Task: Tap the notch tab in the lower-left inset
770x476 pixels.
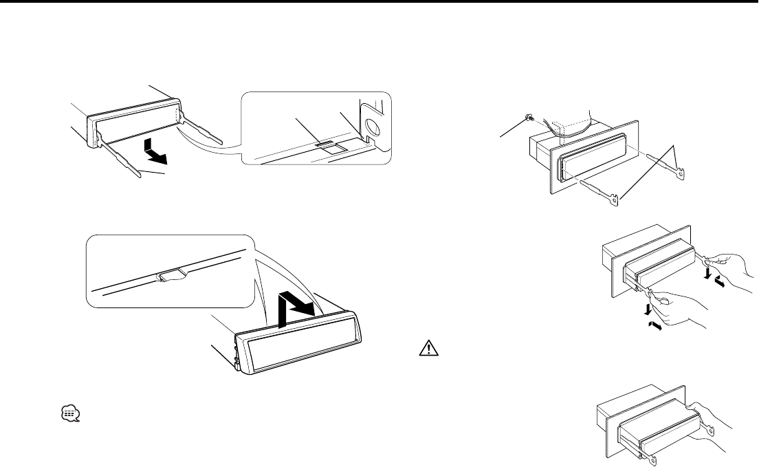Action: (x=169, y=277)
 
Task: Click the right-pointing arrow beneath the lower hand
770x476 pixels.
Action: (x=656, y=328)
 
